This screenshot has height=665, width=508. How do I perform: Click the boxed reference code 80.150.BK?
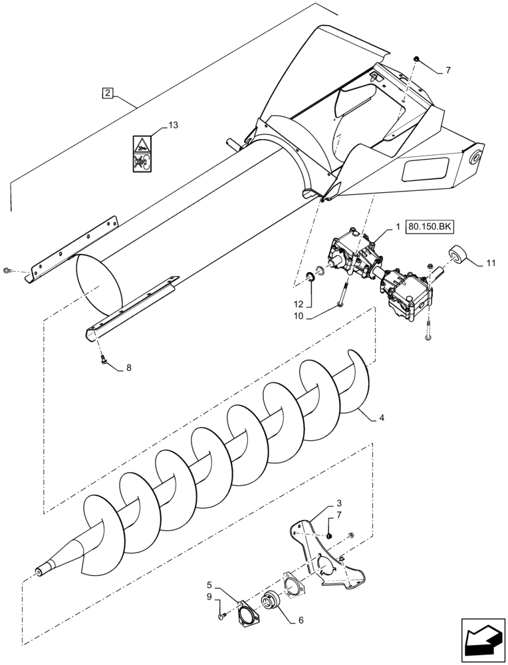(x=431, y=227)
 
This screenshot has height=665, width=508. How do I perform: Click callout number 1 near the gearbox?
(x=398, y=227)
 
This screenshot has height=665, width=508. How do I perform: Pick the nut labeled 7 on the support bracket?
(x=328, y=537)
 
